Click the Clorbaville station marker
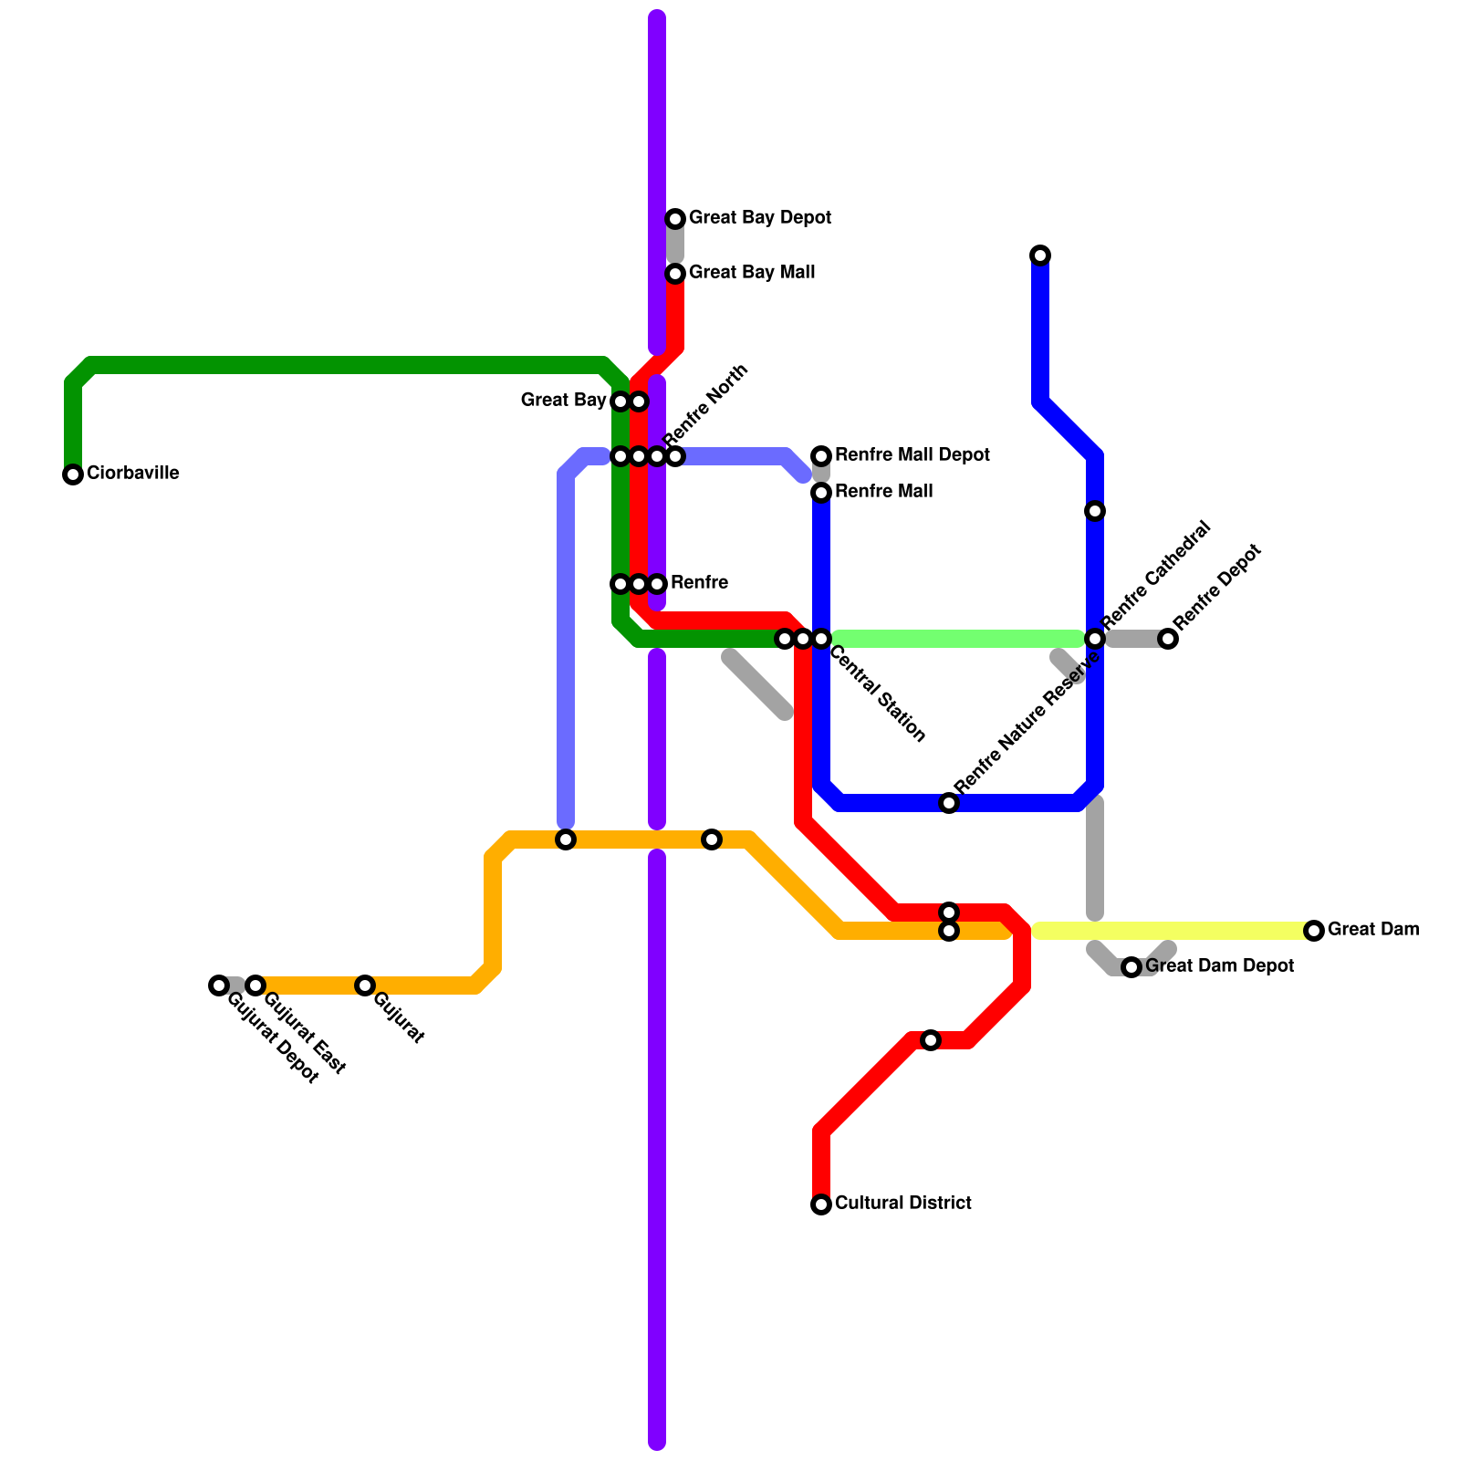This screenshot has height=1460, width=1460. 73,474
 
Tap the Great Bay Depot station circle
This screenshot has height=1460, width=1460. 675,219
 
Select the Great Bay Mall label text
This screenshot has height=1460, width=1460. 752,273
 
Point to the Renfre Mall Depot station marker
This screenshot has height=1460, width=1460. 821,456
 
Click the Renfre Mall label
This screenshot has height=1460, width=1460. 883,492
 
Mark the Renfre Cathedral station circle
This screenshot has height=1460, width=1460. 1095,639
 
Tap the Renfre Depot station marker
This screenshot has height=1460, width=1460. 1168,639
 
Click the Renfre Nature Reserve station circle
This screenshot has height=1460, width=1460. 949,803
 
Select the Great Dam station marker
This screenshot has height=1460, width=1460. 1314,931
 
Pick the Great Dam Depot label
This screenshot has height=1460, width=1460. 1219,966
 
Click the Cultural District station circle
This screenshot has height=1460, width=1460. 821,1204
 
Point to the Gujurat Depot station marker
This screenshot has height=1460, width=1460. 218,985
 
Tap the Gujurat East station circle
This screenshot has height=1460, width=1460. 255,985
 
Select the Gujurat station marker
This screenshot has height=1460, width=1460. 365,985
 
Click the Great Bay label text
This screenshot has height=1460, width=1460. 563,401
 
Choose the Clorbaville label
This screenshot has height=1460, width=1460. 132,474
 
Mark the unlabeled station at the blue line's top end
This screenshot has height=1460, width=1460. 1040,255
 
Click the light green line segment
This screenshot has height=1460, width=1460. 958,639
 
